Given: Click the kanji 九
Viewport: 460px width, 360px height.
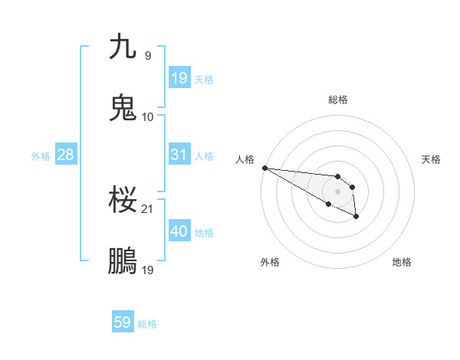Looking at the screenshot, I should pyautogui.click(x=123, y=47).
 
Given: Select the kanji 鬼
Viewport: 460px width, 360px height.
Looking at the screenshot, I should pyautogui.click(x=123, y=108).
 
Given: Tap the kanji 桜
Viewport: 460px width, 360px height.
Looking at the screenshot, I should pyautogui.click(x=123, y=200).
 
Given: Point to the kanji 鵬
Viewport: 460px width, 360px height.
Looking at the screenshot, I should pyautogui.click(x=123, y=261).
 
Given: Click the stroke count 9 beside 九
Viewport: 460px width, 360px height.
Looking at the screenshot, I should pyautogui.click(x=148, y=55).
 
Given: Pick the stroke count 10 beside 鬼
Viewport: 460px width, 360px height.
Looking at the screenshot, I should pyautogui.click(x=148, y=116).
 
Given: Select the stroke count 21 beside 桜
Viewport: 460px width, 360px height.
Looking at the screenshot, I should pyautogui.click(x=148, y=208).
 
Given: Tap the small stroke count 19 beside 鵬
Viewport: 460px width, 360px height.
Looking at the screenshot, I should pyautogui.click(x=148, y=270).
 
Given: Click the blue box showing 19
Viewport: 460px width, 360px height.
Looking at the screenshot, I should pyautogui.click(x=179, y=77).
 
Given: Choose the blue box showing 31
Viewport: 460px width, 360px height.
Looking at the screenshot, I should pyautogui.click(x=179, y=155).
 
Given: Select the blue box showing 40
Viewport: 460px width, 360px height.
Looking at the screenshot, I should pyautogui.click(x=179, y=231).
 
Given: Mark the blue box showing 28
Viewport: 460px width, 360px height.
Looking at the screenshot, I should pyautogui.click(x=65, y=155).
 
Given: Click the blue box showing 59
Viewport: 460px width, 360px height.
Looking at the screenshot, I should pyautogui.click(x=123, y=322).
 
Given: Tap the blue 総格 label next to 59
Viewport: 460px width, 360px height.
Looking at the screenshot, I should pyautogui.click(x=147, y=324).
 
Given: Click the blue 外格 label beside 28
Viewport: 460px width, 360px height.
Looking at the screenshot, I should pyautogui.click(x=41, y=156).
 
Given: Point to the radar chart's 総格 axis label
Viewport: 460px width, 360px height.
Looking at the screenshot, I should pyautogui.click(x=338, y=100).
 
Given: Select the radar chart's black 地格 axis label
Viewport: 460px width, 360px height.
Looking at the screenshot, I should pyautogui.click(x=402, y=262).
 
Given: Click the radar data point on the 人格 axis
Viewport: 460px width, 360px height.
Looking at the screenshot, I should pyautogui.click(x=264, y=168).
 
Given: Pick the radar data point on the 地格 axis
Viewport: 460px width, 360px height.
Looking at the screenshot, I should pyautogui.click(x=356, y=217).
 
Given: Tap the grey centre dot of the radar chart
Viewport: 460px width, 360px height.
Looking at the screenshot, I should pyautogui.click(x=337, y=191).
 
